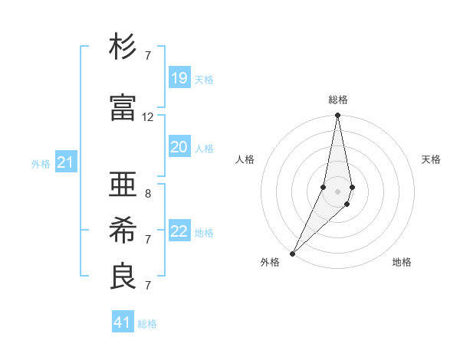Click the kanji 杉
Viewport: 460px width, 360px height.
(x=123, y=47)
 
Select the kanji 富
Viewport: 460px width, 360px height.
(x=123, y=107)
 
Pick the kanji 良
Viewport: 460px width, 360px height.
(x=123, y=277)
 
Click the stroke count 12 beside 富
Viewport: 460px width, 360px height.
(x=148, y=117)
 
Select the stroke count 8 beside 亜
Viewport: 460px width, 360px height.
(x=148, y=194)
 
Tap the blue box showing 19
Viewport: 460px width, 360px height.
(x=179, y=78)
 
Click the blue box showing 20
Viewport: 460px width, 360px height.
(x=179, y=147)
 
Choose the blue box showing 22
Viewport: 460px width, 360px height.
(x=179, y=231)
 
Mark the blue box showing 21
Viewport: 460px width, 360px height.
(x=66, y=162)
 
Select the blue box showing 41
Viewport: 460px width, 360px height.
(x=123, y=322)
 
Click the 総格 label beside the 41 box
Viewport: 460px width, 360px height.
(x=147, y=324)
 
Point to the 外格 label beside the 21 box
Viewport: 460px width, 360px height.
(x=41, y=164)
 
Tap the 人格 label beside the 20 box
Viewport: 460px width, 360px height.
(x=204, y=149)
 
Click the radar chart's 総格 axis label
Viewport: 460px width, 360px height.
(x=337, y=100)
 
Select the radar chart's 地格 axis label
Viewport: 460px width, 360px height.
(x=402, y=262)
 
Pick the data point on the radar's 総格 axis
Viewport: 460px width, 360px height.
(x=337, y=116)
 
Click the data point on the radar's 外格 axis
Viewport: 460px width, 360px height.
(x=292, y=253)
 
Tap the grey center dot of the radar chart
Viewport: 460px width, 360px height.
(x=337, y=191)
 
